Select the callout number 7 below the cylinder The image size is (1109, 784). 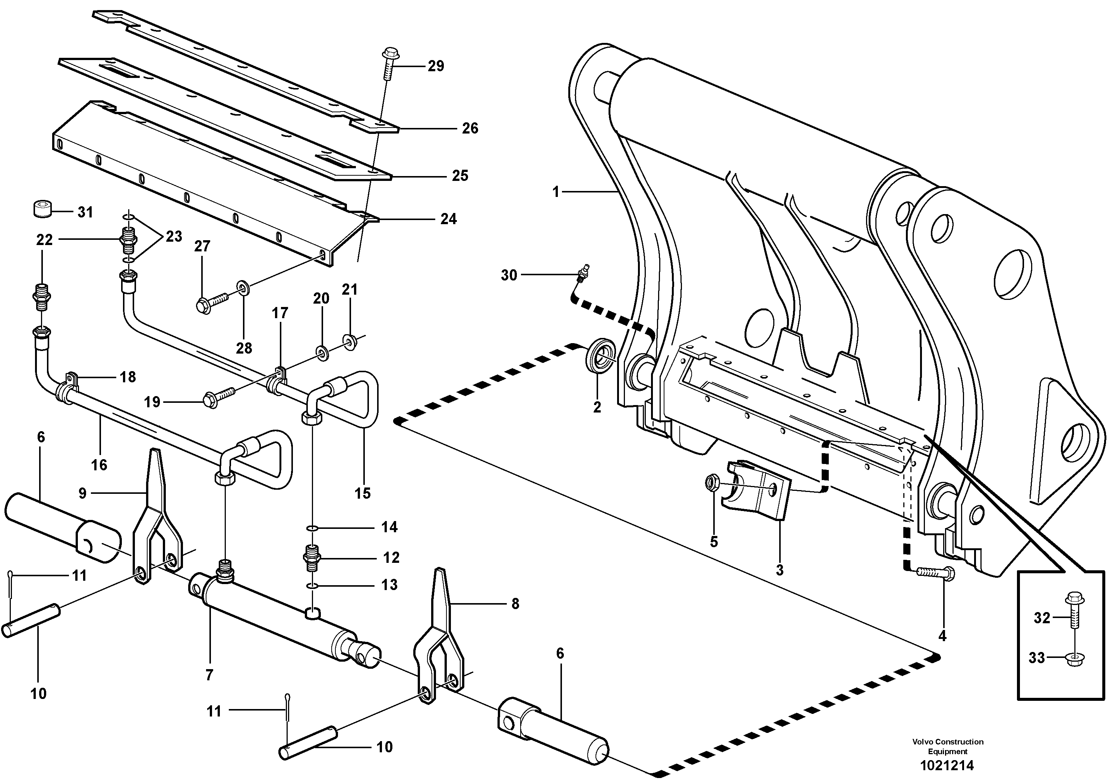click(x=209, y=675)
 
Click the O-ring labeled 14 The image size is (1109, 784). click(x=313, y=527)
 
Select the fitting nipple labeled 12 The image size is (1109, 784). click(x=313, y=557)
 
